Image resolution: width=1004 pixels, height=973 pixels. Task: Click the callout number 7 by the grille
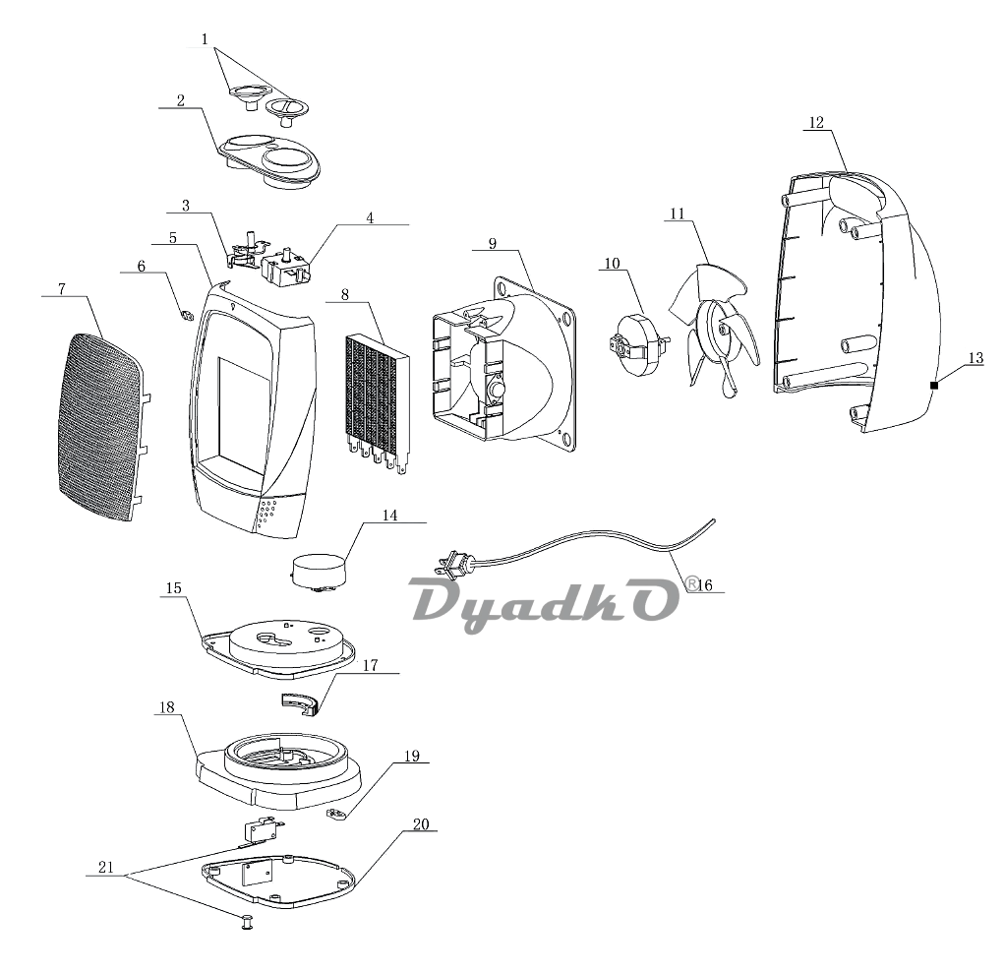point(61,288)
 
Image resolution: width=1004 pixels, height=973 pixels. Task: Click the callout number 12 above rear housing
point(816,123)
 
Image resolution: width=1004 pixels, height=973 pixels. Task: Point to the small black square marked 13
point(933,386)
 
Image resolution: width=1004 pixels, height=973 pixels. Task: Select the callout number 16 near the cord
point(704,585)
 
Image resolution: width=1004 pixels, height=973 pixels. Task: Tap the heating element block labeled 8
point(378,394)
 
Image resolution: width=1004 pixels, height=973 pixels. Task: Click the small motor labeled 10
point(634,344)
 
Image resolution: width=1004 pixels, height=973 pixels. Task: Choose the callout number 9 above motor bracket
point(492,241)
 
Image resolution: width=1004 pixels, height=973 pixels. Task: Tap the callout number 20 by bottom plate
point(421,824)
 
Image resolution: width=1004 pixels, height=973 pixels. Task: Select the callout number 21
point(105,868)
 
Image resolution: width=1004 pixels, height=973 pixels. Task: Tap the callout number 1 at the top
point(205,39)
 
